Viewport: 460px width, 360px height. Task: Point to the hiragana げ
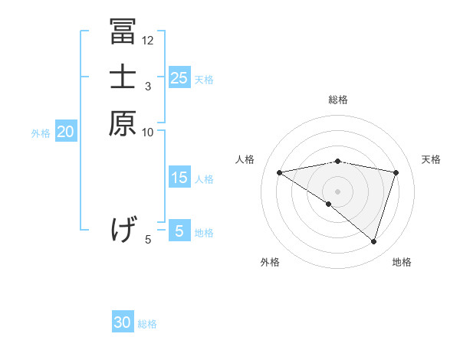(123, 229)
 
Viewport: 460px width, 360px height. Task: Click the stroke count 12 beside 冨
(148, 41)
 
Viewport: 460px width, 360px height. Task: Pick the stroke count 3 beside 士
(148, 87)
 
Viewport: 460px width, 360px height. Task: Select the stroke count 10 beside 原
(148, 133)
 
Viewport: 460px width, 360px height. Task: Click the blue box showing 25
(179, 77)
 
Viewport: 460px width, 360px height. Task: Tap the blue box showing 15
(179, 178)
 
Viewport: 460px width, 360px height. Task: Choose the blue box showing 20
(66, 132)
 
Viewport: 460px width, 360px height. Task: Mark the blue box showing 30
(123, 322)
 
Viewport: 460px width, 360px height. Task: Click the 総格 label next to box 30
(147, 324)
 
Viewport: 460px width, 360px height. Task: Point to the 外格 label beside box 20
(41, 133)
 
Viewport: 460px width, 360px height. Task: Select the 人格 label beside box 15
(204, 179)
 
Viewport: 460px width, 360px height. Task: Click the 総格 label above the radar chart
(338, 100)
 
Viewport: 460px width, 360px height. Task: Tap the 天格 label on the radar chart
(431, 159)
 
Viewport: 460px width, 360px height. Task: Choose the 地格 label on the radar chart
(402, 262)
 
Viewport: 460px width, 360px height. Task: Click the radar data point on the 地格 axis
(374, 241)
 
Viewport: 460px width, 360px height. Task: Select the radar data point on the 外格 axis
(329, 204)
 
